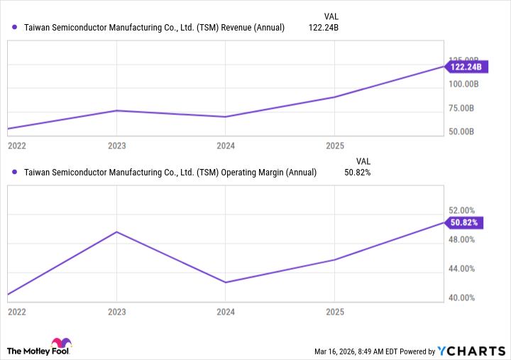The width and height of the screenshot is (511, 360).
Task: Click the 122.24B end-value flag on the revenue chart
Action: coord(466,67)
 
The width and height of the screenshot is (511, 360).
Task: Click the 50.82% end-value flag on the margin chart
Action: coord(466,222)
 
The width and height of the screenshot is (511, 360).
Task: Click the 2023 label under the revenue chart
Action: coord(116,146)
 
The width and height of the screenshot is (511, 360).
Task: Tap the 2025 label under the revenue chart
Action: coord(334,146)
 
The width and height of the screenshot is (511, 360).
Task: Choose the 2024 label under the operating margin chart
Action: coord(226,312)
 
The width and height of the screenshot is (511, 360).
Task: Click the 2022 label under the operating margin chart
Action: coord(17,312)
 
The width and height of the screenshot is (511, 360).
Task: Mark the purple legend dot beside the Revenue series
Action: coord(15,28)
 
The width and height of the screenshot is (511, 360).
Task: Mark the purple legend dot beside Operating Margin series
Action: coord(15,172)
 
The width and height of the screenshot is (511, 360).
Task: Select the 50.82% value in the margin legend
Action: coord(358,172)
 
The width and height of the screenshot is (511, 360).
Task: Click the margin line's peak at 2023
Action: coord(116,231)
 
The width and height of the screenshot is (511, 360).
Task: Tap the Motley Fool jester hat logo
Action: coord(62,344)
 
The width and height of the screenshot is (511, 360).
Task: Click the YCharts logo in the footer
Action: coord(472,351)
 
